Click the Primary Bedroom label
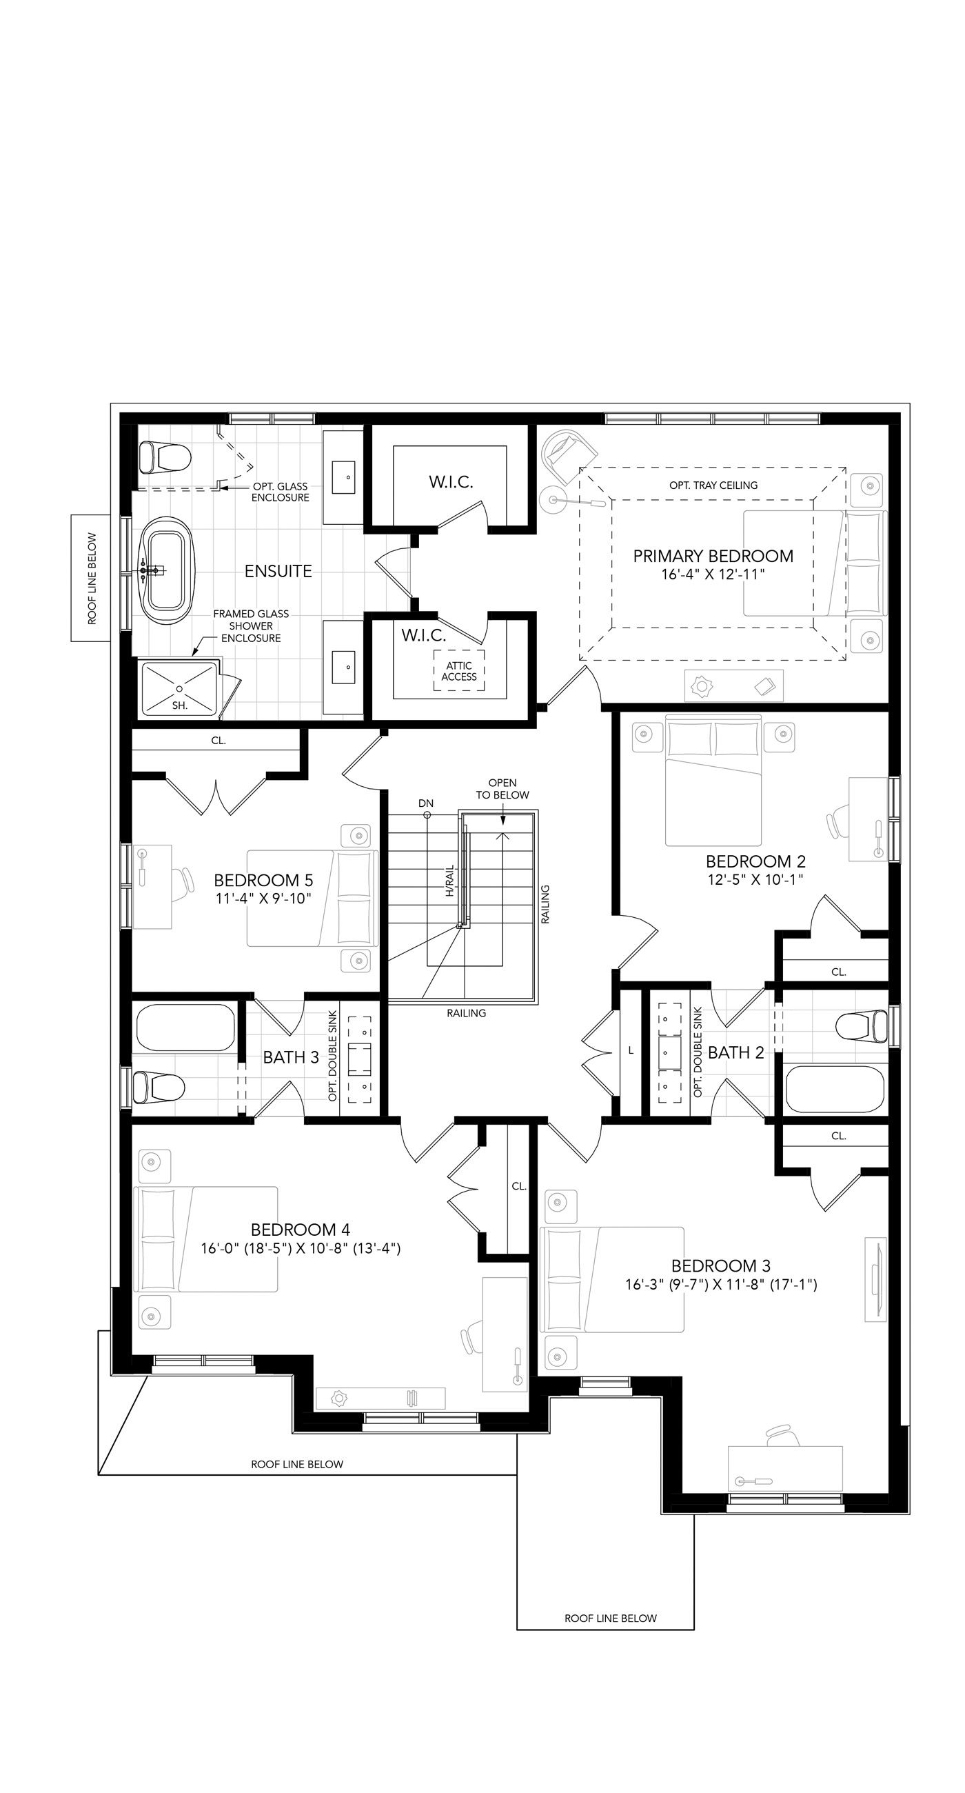[713, 555]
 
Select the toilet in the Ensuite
[165, 457]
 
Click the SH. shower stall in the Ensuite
[179, 688]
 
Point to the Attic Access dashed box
[458, 670]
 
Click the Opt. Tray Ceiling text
[713, 485]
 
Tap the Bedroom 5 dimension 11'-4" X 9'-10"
[263, 899]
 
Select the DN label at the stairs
[426, 803]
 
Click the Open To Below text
[502, 789]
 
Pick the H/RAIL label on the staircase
[450, 881]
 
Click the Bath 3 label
[291, 1057]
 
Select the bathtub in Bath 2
[834, 1090]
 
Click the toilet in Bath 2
[862, 1027]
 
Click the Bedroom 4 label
[301, 1229]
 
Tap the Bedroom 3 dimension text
[721, 1284]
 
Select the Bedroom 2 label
[755, 861]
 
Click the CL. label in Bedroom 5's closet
[219, 741]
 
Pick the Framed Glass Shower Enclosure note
[251, 625]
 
